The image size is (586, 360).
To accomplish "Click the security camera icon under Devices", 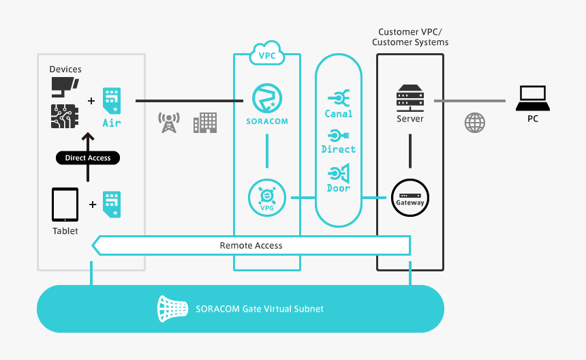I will (65, 85).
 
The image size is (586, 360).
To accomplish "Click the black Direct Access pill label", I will (87, 157).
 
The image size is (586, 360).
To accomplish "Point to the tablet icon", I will (65, 205).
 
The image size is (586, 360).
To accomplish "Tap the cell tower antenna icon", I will (168, 123).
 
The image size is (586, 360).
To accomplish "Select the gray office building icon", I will (204, 123).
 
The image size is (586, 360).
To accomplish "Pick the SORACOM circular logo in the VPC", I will (266, 99).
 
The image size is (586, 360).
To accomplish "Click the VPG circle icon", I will (266, 197).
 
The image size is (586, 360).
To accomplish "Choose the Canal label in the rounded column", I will (339, 114).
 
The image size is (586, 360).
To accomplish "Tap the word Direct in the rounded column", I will (339, 149).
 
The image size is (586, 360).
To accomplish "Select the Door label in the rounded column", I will (339, 188).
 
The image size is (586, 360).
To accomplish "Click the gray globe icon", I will (475, 123).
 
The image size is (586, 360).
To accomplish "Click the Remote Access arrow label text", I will (251, 245).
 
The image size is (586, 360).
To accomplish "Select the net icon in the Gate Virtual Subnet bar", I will (172, 309).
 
